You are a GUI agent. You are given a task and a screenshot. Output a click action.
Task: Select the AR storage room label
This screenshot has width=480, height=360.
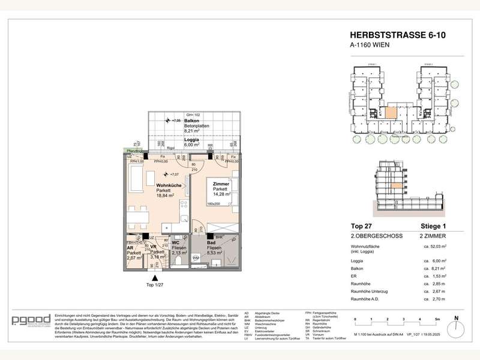tap(130, 247)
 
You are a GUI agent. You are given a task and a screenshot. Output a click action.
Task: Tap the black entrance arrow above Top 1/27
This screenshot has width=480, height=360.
tap(155, 277)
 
